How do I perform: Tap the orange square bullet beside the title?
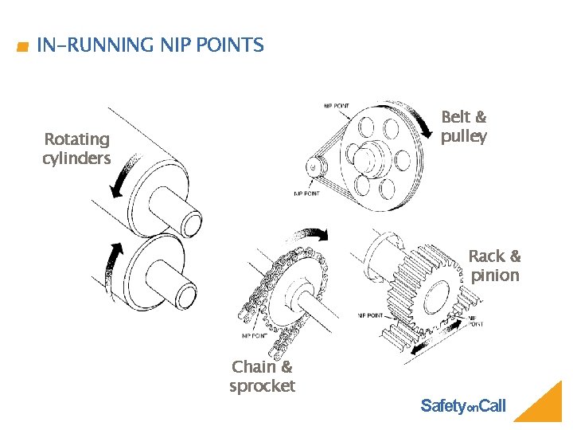coord(21,48)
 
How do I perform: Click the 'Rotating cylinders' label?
coord(76,149)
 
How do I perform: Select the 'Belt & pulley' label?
coord(464,127)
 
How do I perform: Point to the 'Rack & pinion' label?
coord(494,266)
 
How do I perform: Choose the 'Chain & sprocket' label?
coord(262,377)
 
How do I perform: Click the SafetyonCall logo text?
coord(462,406)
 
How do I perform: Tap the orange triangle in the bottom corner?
coord(541,405)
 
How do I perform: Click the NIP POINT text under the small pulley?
coord(309,193)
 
